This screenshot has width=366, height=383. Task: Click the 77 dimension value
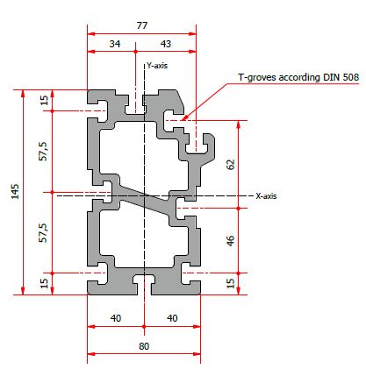142,25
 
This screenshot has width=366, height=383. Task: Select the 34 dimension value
115,44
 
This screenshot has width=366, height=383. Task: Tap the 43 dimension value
166,44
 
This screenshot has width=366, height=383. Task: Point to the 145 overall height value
15,192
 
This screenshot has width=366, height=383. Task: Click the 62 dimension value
231,164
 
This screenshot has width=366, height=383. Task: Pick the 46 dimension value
231,241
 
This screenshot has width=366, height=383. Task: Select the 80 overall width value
144,346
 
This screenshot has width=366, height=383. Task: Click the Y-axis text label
157,66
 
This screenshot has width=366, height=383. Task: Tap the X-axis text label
266,195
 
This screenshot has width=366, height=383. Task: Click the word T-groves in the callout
257,77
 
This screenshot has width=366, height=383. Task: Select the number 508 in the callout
351,77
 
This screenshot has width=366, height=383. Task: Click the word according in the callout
299,78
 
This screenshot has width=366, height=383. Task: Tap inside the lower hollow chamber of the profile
143,237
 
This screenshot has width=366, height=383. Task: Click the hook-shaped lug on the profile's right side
205,146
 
